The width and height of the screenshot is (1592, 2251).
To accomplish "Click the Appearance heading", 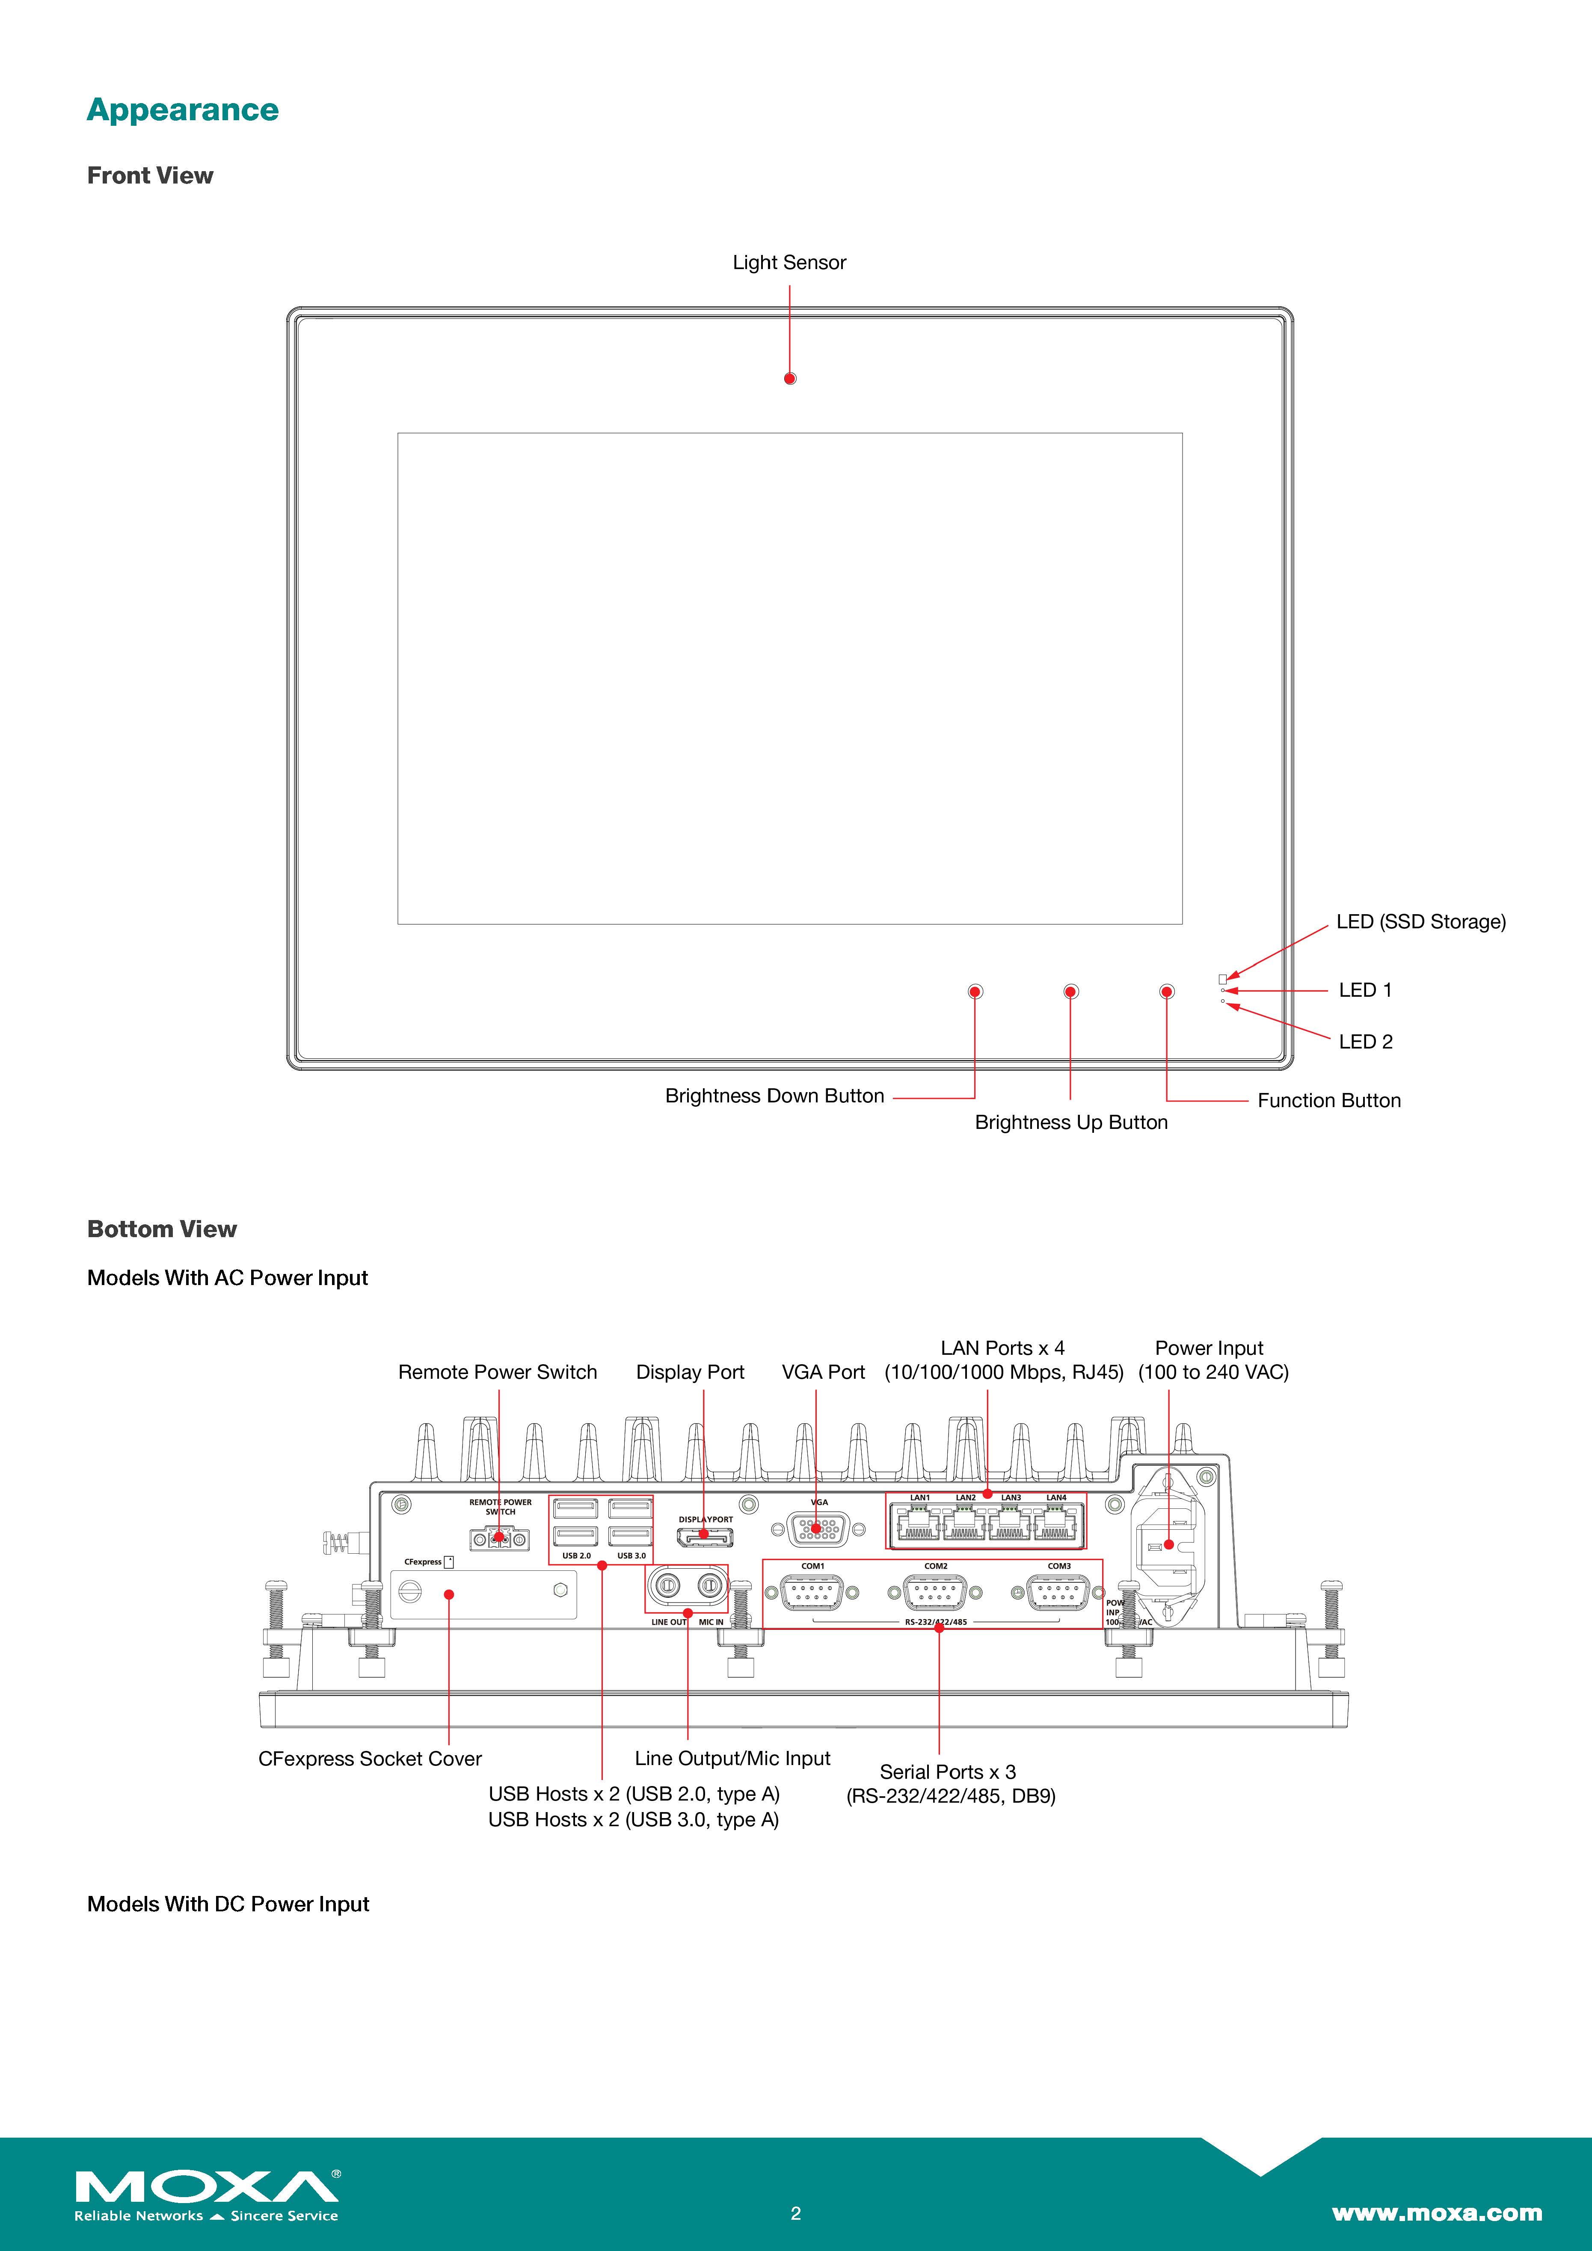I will (x=182, y=110).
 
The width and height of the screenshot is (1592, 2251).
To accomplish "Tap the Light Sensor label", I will (x=789, y=263).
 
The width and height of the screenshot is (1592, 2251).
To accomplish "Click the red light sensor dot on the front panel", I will (x=790, y=379).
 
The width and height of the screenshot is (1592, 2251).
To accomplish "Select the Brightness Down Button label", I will (x=774, y=1096).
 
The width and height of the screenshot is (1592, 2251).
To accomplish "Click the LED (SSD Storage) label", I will (x=1420, y=921).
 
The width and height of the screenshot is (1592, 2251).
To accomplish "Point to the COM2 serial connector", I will (x=936, y=1593).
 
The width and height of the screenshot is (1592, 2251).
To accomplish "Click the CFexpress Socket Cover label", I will (x=370, y=1759).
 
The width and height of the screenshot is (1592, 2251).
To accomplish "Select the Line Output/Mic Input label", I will (x=732, y=1759).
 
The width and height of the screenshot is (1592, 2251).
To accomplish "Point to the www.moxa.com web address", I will (x=1436, y=2213).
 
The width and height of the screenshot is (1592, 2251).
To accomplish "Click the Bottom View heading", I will (x=162, y=1229).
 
